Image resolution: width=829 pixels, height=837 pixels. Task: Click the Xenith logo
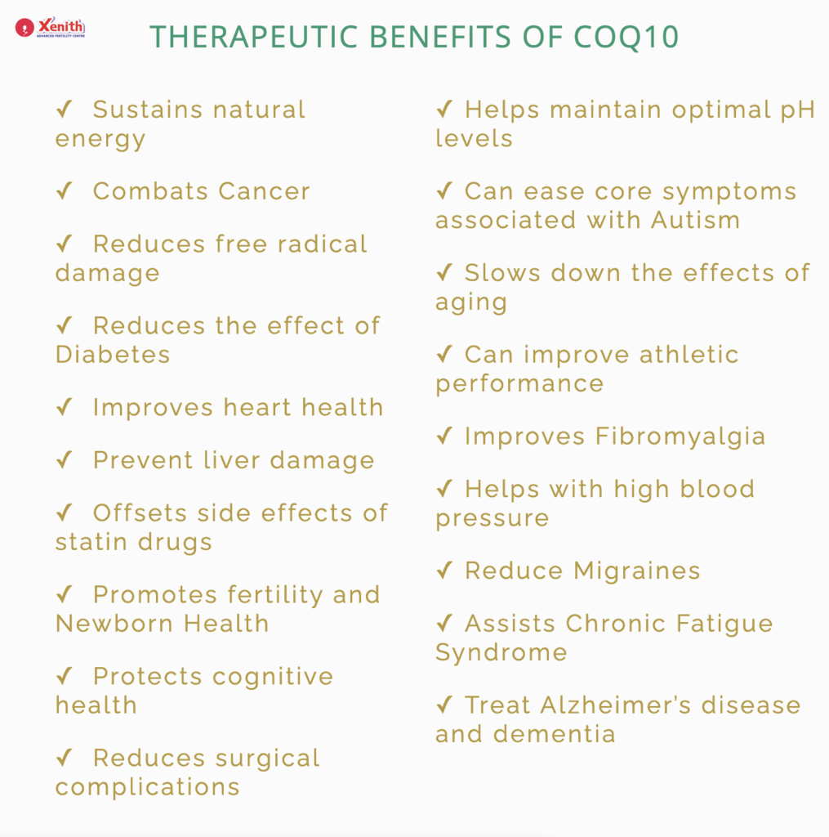[50, 27]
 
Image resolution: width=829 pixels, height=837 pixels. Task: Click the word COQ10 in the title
[626, 37]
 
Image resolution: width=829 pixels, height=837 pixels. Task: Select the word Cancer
[264, 191]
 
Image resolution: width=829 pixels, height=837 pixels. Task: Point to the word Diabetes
[113, 355]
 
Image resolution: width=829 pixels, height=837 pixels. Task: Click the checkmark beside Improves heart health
[65, 407]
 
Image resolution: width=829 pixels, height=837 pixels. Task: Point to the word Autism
[696, 220]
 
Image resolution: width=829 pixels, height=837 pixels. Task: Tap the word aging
[471, 303]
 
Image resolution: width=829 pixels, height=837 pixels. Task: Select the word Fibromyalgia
[680, 437]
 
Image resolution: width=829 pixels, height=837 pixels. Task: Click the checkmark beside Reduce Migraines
[444, 570]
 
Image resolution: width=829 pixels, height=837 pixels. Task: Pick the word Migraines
[637, 571]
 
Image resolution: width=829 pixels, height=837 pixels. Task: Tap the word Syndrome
[501, 653]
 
